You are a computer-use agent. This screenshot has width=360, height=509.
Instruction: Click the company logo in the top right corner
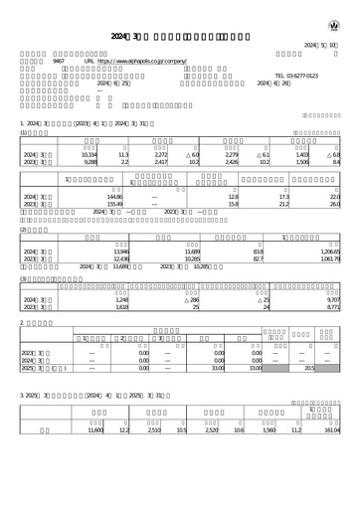pos(333,23)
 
